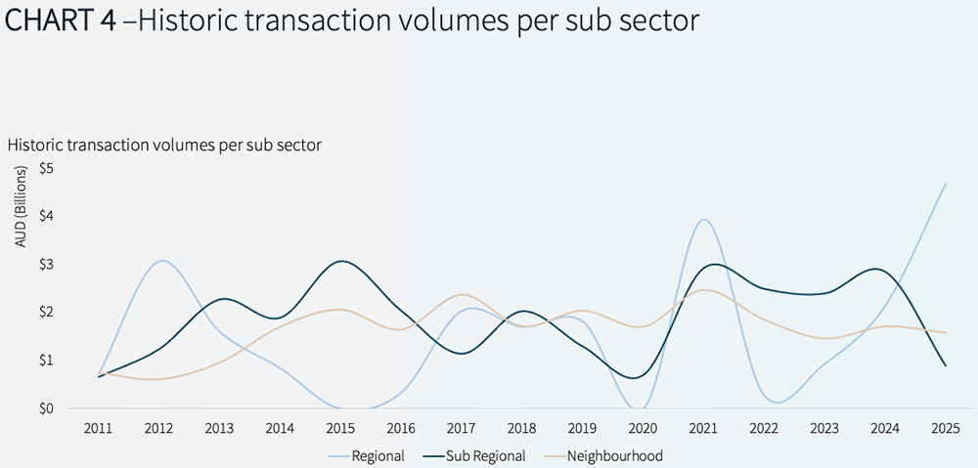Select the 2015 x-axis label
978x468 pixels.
[339, 430]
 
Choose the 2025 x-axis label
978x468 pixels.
[945, 430]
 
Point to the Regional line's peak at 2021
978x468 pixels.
[702, 219]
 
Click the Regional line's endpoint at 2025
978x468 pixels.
[945, 184]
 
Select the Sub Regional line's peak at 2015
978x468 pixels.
[339, 261]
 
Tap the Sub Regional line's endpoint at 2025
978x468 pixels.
[945, 365]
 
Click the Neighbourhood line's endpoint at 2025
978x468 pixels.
[945, 333]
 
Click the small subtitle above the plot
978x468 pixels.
[164, 145]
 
